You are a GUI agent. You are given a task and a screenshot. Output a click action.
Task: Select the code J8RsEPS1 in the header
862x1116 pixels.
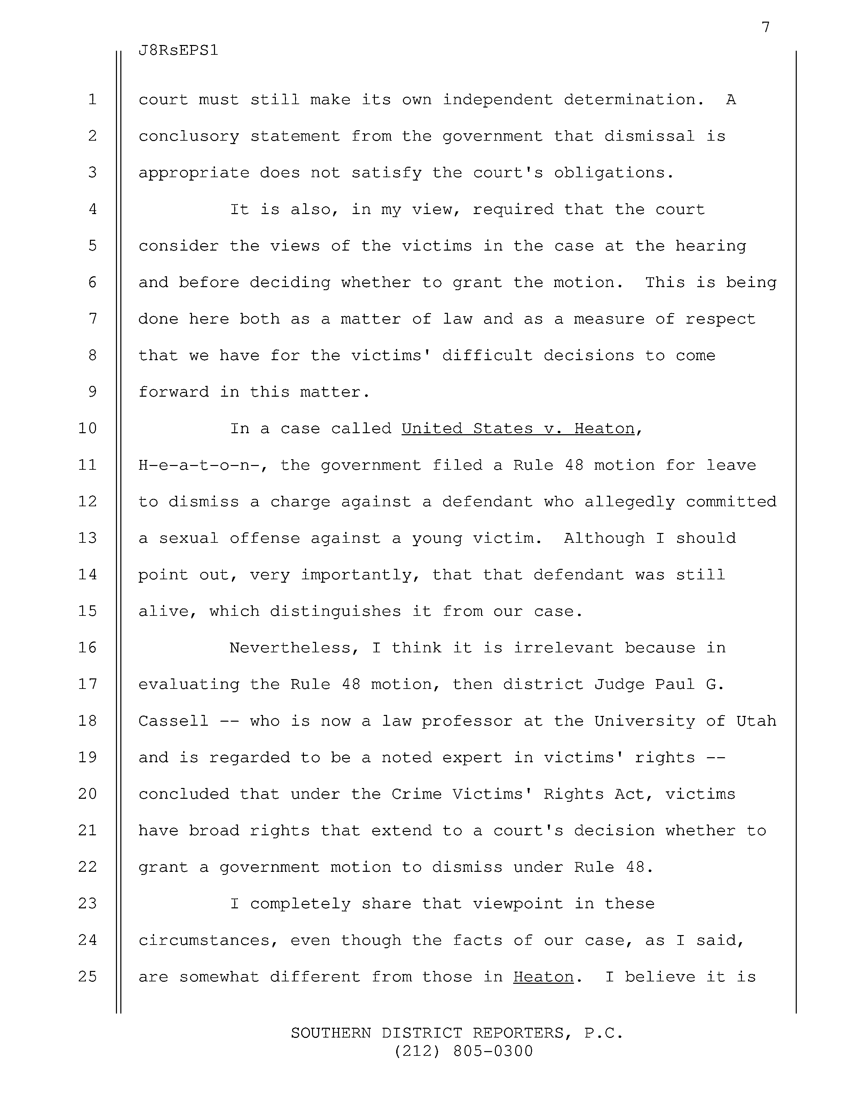tap(178, 51)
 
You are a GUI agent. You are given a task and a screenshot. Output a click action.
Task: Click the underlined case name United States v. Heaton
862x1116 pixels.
tap(518, 428)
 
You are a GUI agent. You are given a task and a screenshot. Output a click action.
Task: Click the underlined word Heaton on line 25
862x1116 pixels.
tap(543, 977)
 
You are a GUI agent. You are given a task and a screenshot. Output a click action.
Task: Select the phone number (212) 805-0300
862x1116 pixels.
tap(463, 1051)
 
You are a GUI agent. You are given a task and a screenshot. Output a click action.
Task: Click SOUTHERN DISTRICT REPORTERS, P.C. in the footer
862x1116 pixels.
tap(457, 1033)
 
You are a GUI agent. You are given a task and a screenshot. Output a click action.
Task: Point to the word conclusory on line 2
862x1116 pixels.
tap(188, 136)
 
